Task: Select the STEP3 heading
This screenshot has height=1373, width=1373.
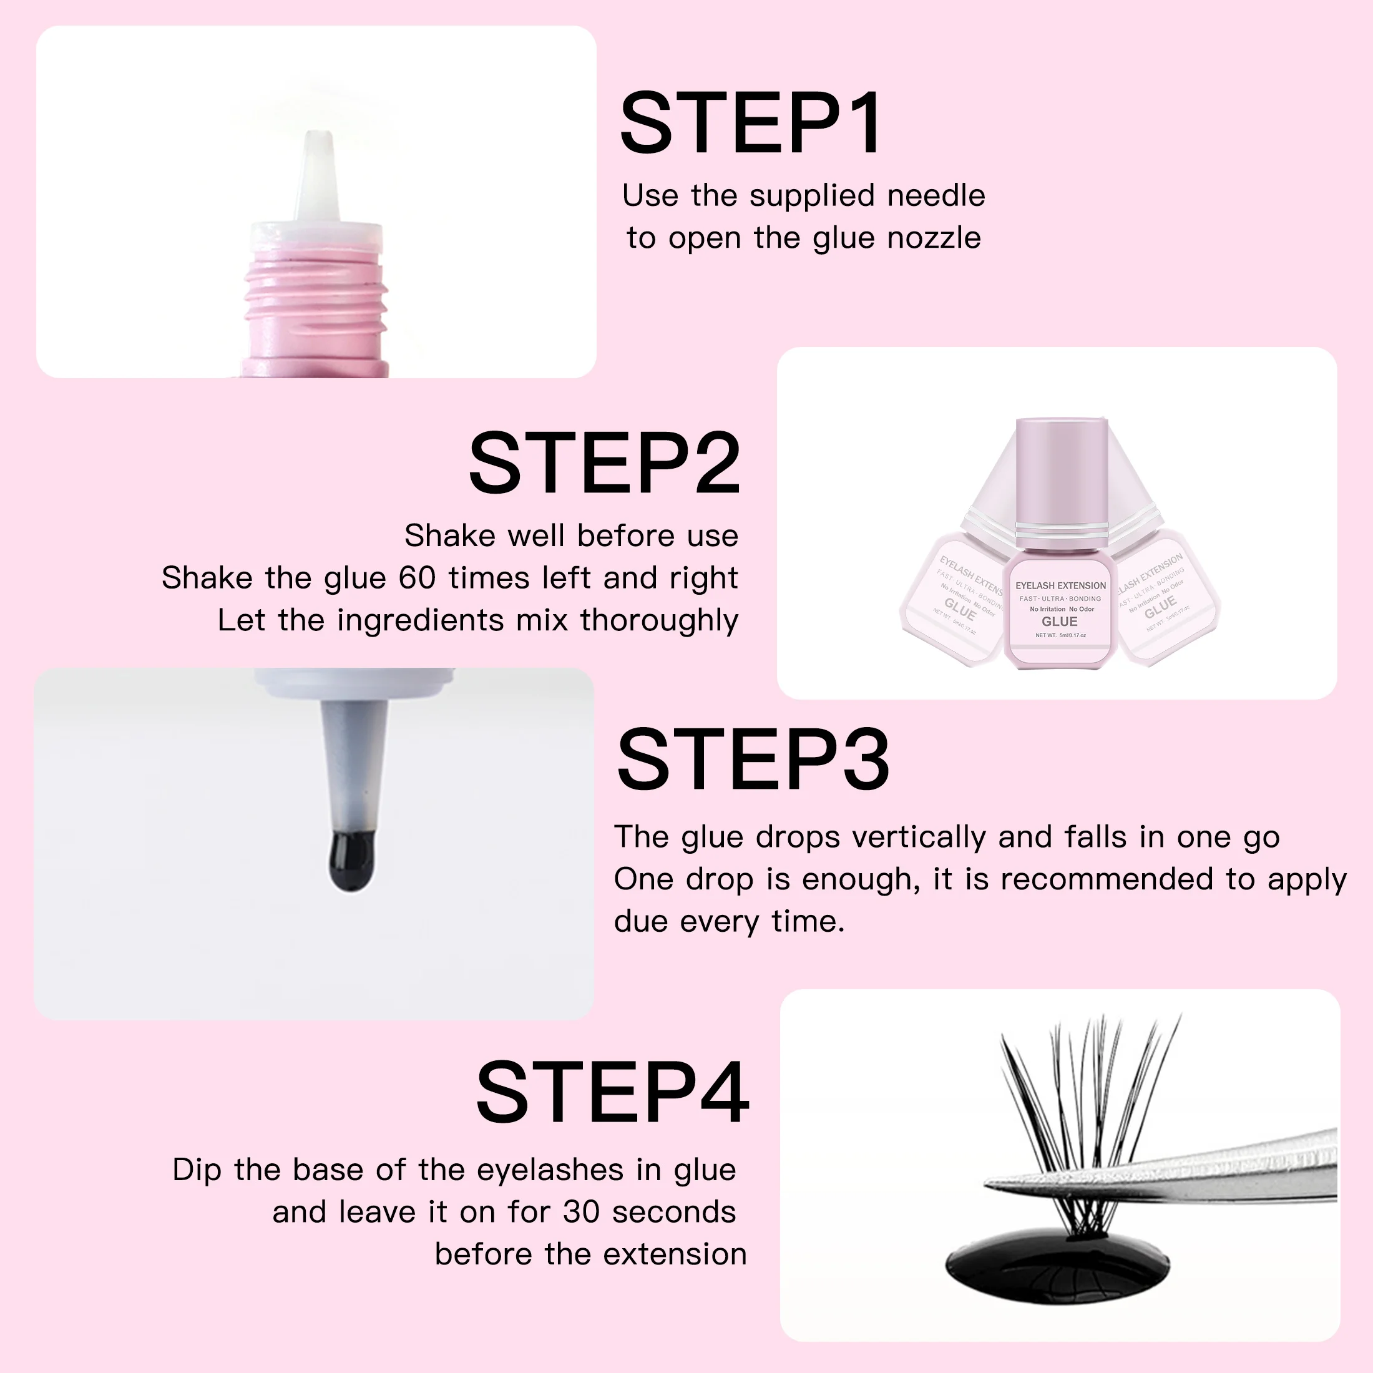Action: coord(753,760)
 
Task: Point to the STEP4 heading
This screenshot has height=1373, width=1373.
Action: coord(613,1092)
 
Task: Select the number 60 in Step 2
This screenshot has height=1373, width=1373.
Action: coord(416,578)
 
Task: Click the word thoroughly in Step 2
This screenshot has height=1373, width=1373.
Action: coord(659,620)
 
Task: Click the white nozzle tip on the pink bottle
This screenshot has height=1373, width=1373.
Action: coord(317,170)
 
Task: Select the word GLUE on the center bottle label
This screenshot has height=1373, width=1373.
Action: coord(1059,622)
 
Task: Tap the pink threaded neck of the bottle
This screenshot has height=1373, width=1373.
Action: coord(316,298)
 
